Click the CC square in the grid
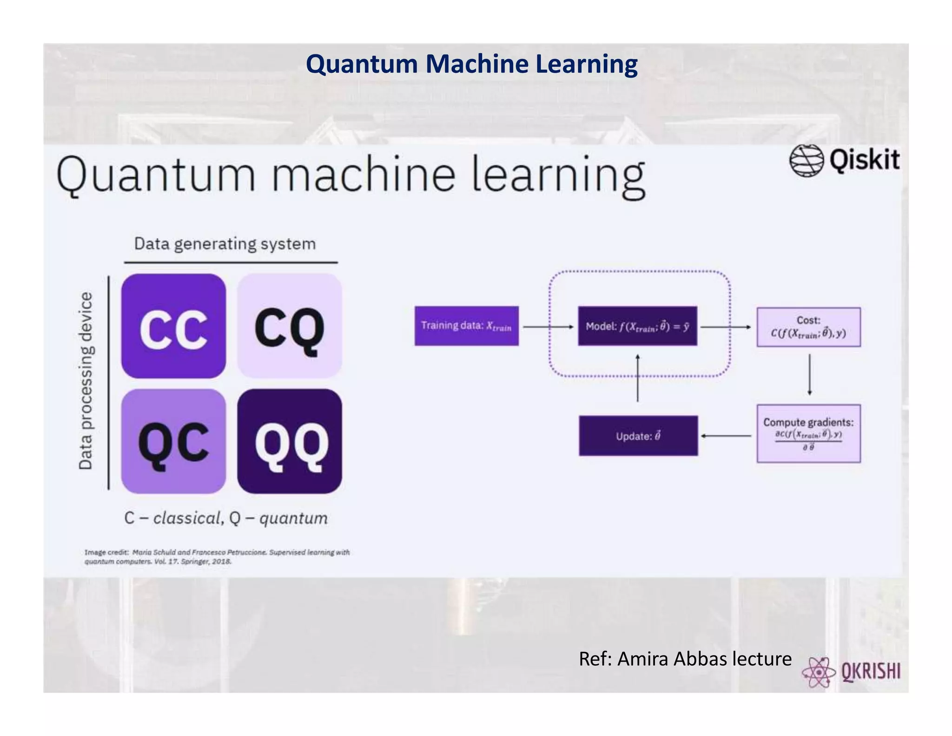tap(173, 326)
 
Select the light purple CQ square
tap(290, 326)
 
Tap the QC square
tap(173, 442)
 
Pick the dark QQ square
tap(290, 442)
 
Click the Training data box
tap(466, 326)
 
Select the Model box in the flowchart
tap(637, 326)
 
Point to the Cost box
tap(808, 327)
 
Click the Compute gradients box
tap(808, 433)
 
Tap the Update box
tap(638, 436)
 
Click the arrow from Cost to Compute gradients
tap(809, 375)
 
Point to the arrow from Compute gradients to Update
tap(726, 436)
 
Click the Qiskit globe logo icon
tap(806, 161)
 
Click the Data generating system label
tap(225, 244)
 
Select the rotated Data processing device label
tap(86, 381)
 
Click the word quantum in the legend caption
tap(293, 518)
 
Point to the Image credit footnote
tap(217, 556)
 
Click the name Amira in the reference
tap(643, 659)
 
